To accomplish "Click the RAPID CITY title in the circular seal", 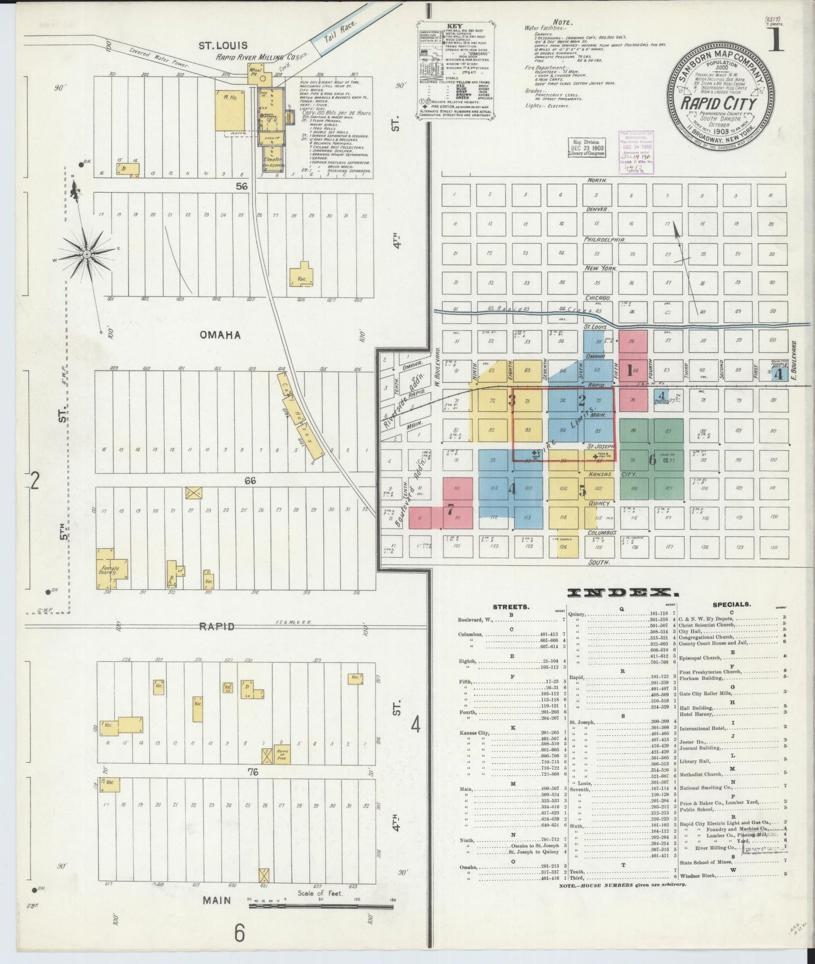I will [718, 104].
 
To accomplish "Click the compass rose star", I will [87, 255].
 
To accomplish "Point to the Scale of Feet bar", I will [321, 922].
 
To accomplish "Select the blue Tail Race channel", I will [336, 38].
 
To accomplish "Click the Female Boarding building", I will [111, 569].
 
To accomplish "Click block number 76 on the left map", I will [252, 772].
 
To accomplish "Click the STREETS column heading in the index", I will [510, 607].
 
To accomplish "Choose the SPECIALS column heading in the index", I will [731, 604].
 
